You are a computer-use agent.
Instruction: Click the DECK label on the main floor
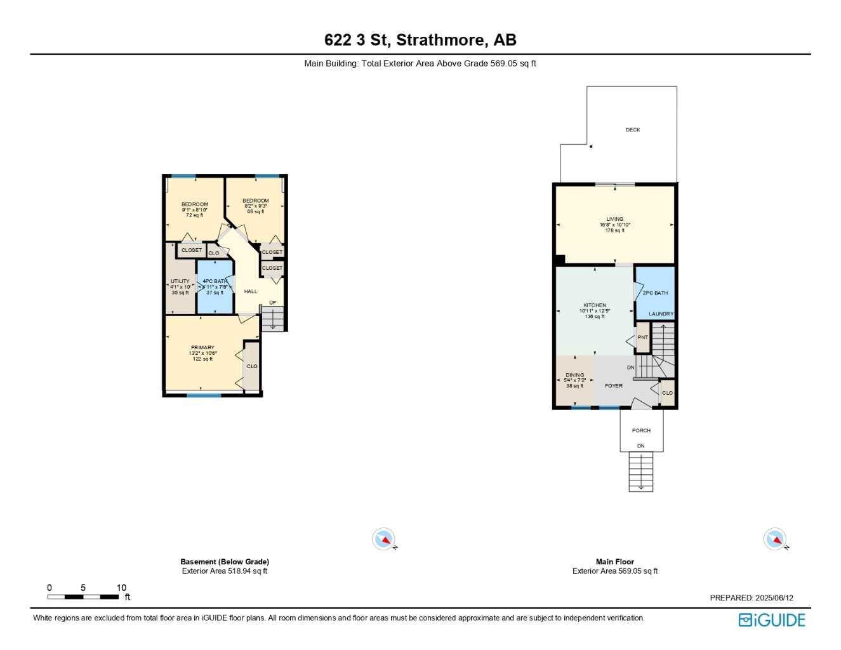pyautogui.click(x=633, y=129)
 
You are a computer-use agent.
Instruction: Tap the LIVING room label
pyautogui.click(x=614, y=219)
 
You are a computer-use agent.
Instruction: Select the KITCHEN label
pyautogui.click(x=595, y=305)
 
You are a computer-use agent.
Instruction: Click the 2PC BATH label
pyautogui.click(x=655, y=293)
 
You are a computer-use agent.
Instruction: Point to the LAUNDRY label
pyautogui.click(x=661, y=314)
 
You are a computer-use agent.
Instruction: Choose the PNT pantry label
pyautogui.click(x=642, y=337)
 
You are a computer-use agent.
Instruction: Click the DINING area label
pyautogui.click(x=574, y=375)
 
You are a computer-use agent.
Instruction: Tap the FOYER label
pyautogui.click(x=613, y=386)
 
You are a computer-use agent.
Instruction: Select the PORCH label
pyautogui.click(x=641, y=430)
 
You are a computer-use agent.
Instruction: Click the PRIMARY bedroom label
pyautogui.click(x=202, y=348)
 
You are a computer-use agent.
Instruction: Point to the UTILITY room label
pyautogui.click(x=180, y=281)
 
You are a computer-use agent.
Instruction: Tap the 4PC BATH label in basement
pyautogui.click(x=215, y=281)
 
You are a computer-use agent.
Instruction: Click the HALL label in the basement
pyautogui.click(x=251, y=291)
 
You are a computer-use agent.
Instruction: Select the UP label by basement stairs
pyautogui.click(x=272, y=303)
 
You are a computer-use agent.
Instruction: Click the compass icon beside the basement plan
pyautogui.click(x=383, y=540)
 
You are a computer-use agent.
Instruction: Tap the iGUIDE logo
pyautogui.click(x=772, y=620)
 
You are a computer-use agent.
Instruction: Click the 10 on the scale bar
pyautogui.click(x=121, y=588)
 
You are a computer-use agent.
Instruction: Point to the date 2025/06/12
pyautogui.click(x=774, y=597)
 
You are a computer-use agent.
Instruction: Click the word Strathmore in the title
pyautogui.click(x=442, y=40)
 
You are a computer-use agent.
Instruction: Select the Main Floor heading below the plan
pyautogui.click(x=614, y=562)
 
